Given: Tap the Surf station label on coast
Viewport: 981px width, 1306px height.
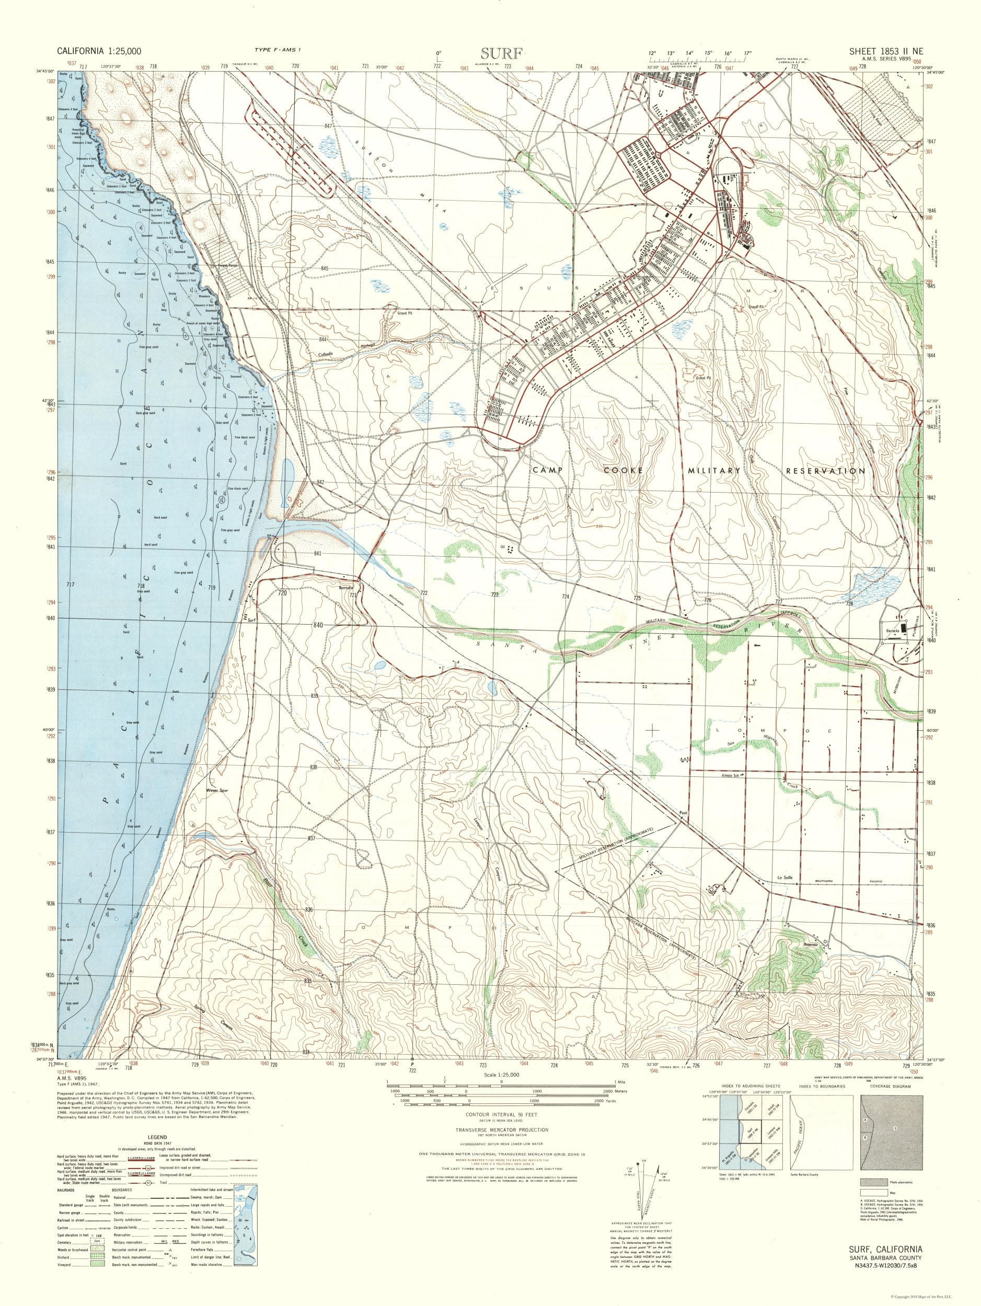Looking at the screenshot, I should click(x=253, y=620).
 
